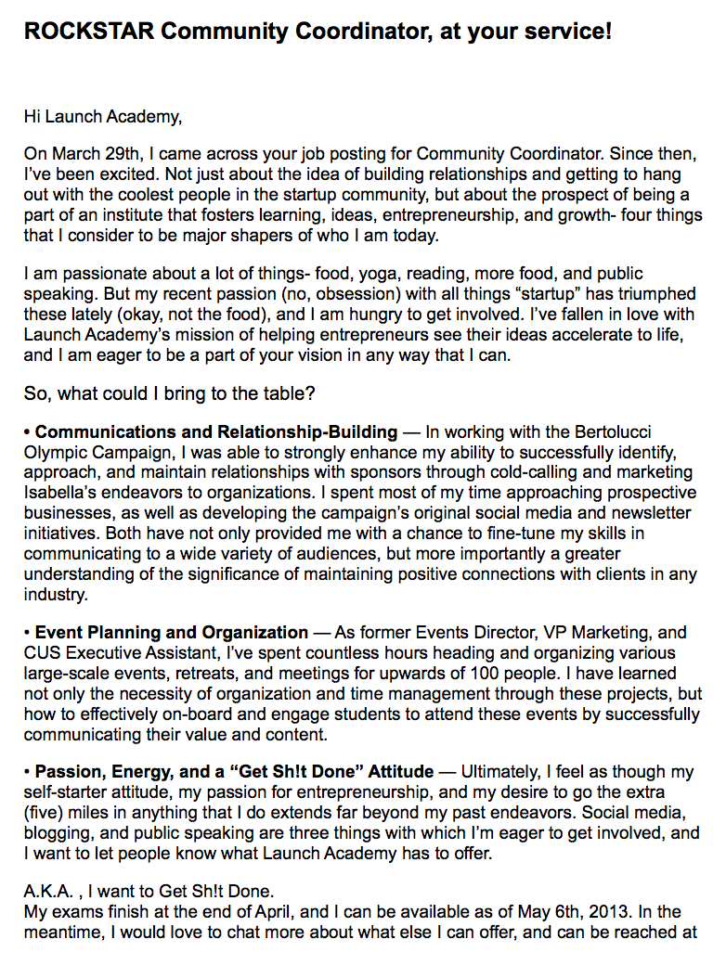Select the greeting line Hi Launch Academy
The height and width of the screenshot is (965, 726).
coord(104,117)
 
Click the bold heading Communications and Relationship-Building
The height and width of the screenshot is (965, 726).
coord(216,432)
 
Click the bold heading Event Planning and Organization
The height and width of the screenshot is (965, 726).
coord(172,633)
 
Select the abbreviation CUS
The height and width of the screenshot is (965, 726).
coord(42,653)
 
